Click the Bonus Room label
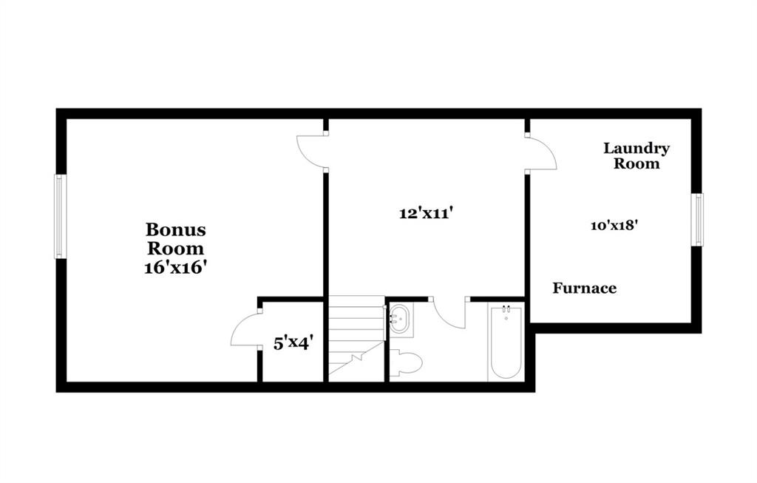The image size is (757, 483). tap(176, 239)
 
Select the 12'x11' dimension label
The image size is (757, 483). tap(425, 213)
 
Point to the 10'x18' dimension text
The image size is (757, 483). tap(615, 225)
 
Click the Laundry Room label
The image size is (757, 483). tap(637, 155)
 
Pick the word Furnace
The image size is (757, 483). tap(585, 288)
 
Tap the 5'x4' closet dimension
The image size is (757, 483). tap(293, 343)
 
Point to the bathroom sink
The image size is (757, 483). tap(400, 319)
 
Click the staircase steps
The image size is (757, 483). tap(356, 338)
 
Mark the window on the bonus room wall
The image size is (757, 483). tap(60, 216)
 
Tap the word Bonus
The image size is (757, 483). tap(176, 230)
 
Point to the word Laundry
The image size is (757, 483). tap(637, 148)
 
